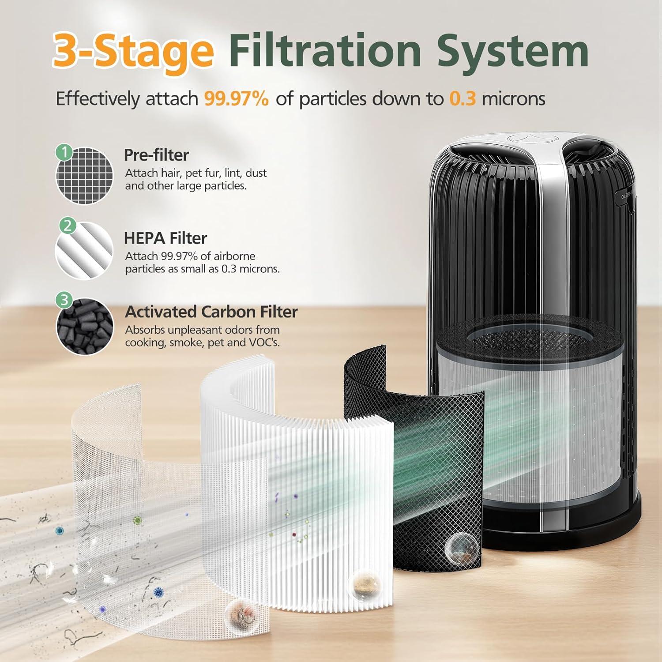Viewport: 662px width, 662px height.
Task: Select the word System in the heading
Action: click(512, 51)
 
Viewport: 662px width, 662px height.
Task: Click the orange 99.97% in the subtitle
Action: click(236, 98)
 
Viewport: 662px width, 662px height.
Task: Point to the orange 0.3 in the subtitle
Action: click(463, 98)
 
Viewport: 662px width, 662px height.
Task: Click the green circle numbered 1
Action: click(64, 153)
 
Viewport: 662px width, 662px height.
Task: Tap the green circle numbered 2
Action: click(67, 226)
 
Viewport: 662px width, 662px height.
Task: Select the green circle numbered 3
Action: click(64, 300)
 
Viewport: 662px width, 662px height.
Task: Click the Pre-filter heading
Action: click(156, 155)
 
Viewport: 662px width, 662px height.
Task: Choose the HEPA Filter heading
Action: click(165, 238)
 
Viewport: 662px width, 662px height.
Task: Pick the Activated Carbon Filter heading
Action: click(211, 312)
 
